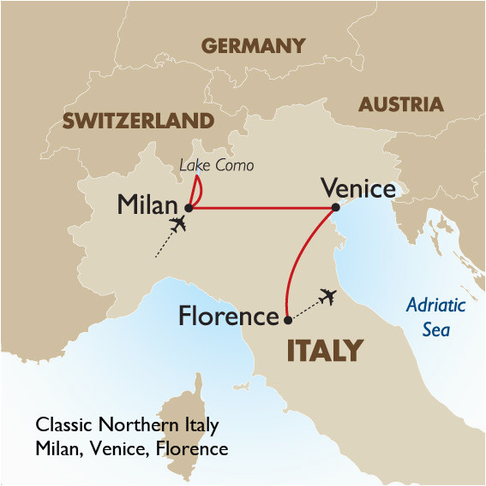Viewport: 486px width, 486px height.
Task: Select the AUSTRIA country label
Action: (x=400, y=104)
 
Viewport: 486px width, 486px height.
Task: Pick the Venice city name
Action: (x=357, y=187)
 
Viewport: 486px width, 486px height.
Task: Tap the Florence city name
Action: (x=228, y=317)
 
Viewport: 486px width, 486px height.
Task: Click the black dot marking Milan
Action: (x=189, y=207)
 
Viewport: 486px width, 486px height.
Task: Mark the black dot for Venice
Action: (x=336, y=207)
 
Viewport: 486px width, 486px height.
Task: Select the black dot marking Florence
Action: (x=285, y=321)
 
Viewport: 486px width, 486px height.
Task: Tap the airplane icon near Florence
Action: (x=326, y=297)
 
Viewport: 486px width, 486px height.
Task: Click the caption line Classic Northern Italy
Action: (x=127, y=425)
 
